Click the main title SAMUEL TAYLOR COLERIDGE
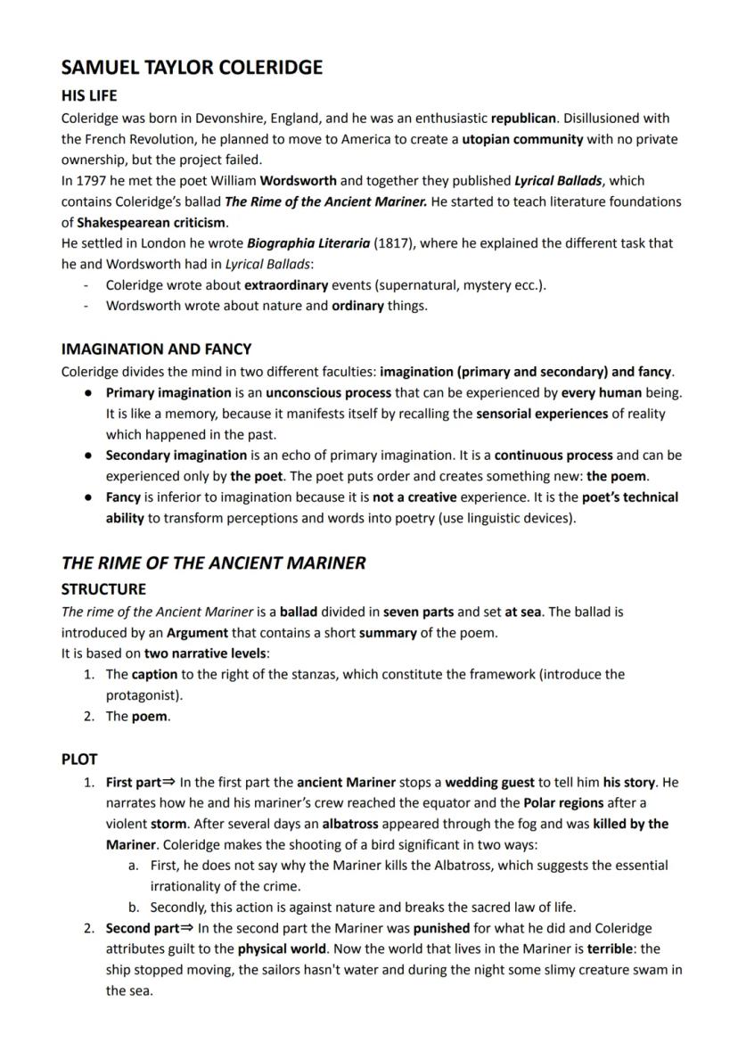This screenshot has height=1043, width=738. [192, 68]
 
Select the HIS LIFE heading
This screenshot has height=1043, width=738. [89, 95]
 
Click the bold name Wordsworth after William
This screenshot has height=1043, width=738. [299, 180]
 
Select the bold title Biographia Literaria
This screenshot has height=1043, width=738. [308, 243]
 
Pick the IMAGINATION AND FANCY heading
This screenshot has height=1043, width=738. [156, 349]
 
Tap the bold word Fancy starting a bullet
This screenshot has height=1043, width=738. [123, 497]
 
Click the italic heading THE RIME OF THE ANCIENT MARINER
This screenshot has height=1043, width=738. [213, 563]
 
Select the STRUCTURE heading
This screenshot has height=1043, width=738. [103, 589]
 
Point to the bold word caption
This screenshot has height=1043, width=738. [154, 675]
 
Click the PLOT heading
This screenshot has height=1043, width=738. [79, 760]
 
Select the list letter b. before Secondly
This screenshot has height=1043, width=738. [134, 907]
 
